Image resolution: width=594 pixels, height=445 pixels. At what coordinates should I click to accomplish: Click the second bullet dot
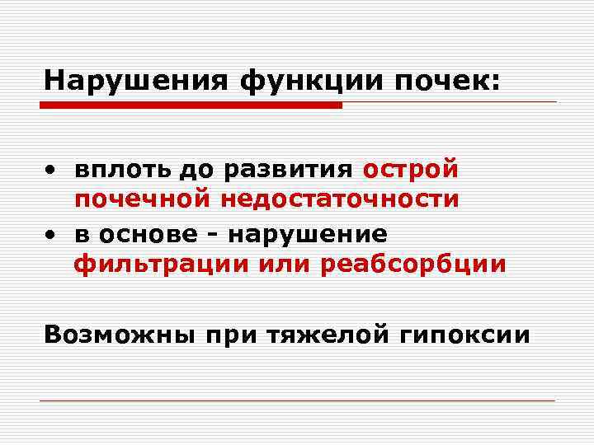(x=51, y=235)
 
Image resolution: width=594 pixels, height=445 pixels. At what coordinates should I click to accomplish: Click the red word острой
(x=411, y=170)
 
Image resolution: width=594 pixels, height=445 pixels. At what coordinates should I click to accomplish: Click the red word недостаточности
(x=337, y=200)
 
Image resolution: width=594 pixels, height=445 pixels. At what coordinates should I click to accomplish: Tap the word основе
(x=148, y=234)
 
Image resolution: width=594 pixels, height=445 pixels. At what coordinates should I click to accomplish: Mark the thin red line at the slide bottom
(x=297, y=400)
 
